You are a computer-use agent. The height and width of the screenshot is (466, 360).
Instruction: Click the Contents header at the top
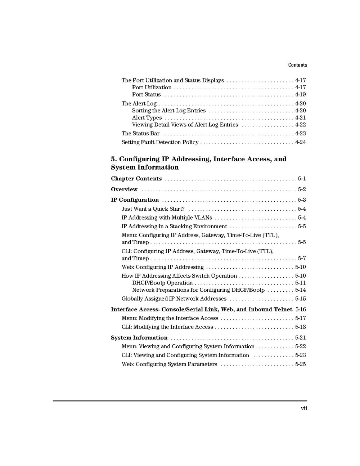click(297, 65)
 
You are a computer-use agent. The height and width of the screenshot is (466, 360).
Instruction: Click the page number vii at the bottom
click(304, 408)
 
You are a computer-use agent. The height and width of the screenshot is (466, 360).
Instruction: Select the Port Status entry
click(146, 95)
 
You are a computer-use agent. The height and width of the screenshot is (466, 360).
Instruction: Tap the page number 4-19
click(300, 95)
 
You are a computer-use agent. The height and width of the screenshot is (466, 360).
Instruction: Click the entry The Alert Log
click(139, 104)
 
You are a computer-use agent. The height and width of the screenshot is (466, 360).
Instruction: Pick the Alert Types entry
click(147, 118)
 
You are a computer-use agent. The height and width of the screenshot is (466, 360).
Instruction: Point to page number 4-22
click(300, 125)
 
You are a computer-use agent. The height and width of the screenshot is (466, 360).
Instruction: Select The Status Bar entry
click(140, 134)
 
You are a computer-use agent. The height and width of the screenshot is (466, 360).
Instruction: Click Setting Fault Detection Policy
click(160, 142)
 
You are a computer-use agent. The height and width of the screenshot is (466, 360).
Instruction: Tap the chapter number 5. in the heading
click(114, 159)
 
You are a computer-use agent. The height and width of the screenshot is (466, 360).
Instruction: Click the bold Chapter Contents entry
click(136, 179)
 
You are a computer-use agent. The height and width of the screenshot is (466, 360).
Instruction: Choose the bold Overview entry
click(124, 189)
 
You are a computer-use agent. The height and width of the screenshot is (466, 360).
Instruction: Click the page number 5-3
click(302, 200)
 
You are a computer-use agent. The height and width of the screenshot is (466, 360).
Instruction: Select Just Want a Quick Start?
click(153, 209)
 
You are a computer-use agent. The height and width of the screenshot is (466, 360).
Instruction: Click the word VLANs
click(203, 218)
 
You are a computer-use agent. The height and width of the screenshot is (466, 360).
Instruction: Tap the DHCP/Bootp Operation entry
click(162, 283)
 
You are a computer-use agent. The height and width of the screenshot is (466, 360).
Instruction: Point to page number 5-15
click(300, 299)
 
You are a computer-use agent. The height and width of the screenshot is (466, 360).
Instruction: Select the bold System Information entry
click(139, 338)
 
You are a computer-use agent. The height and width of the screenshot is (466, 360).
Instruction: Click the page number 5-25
click(300, 364)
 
